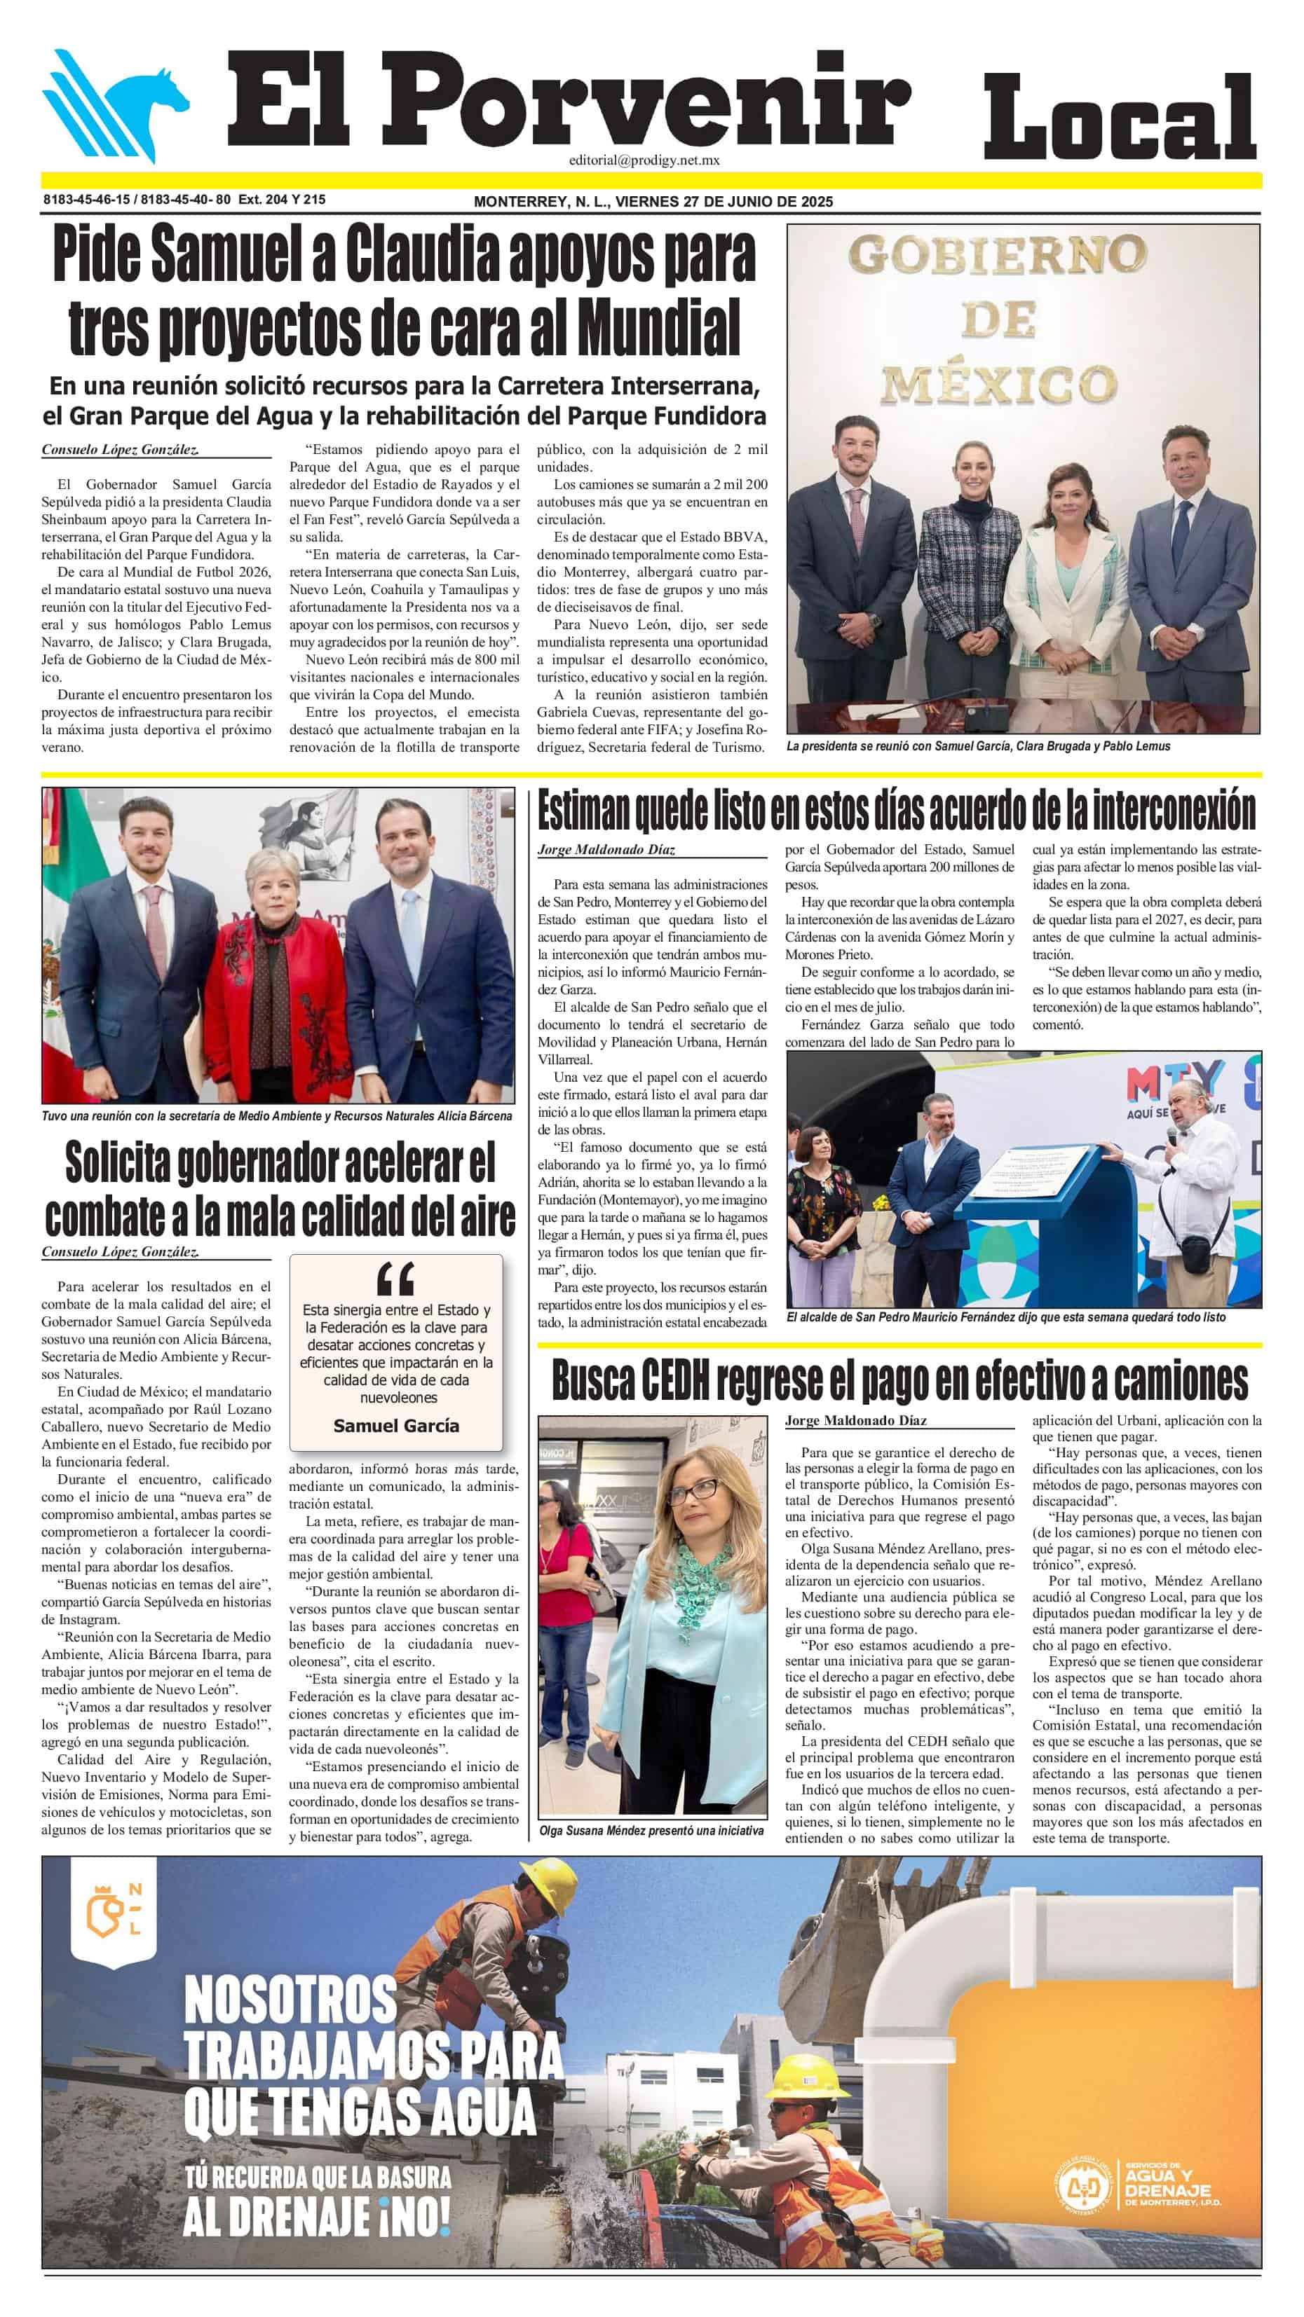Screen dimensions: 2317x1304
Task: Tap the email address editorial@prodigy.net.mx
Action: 644,160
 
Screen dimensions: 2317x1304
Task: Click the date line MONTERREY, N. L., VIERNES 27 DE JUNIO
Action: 653,202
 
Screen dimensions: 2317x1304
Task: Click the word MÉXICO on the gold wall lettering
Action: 998,384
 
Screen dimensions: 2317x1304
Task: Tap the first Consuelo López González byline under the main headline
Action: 120,450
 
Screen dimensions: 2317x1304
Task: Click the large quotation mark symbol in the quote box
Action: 396,1277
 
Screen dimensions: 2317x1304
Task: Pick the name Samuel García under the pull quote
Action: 396,1426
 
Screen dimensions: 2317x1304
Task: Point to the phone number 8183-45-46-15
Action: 86,200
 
